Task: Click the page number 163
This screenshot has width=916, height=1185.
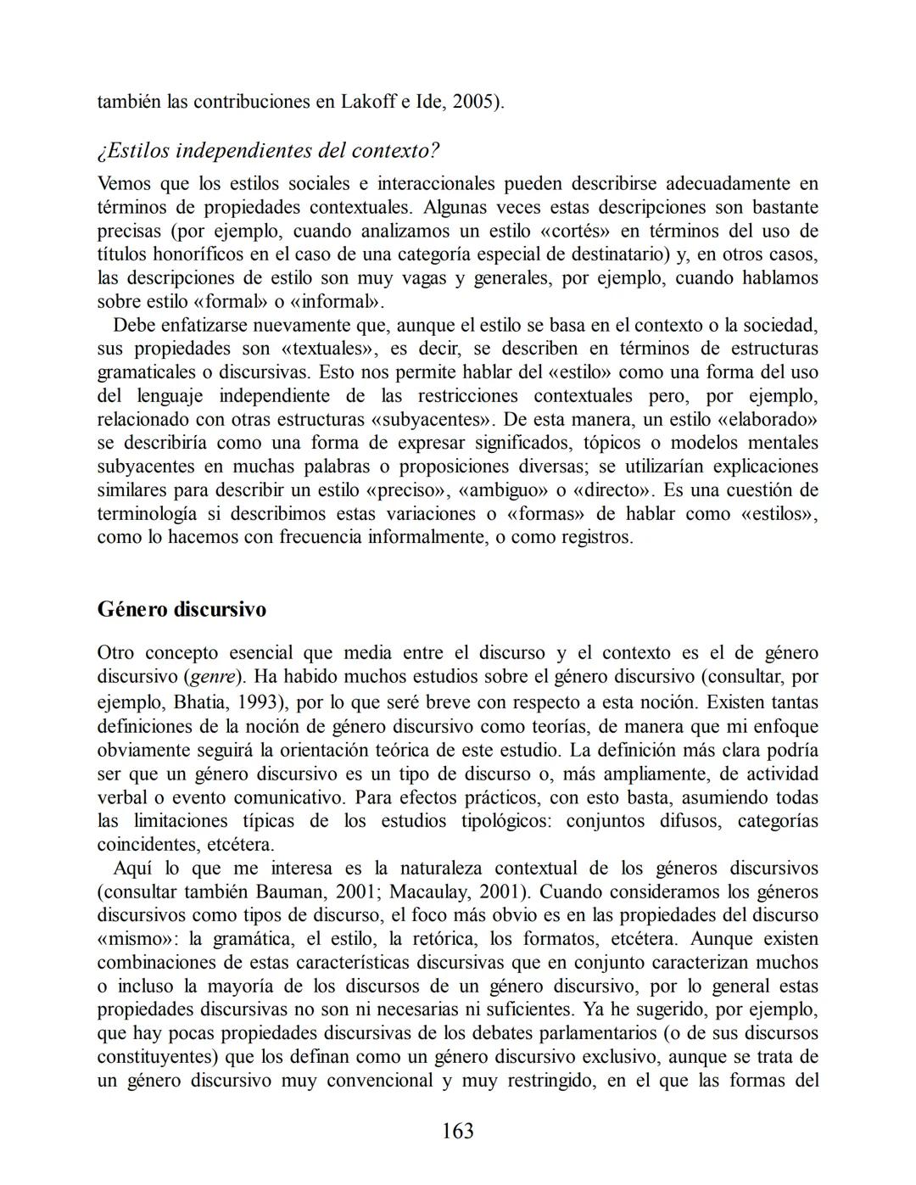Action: [x=457, y=1131]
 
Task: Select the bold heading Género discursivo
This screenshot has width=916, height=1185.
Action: [x=182, y=609]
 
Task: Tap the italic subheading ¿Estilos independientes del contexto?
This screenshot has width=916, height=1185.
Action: [x=268, y=151]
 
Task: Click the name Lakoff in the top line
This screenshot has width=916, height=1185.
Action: [x=368, y=102]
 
